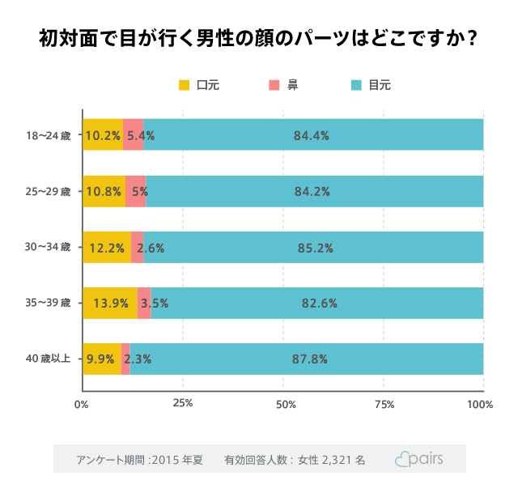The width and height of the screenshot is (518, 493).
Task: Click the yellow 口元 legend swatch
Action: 184,85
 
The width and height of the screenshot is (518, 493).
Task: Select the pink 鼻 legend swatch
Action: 274,85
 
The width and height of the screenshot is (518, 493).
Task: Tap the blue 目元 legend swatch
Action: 356,85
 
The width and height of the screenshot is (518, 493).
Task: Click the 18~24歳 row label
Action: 49,135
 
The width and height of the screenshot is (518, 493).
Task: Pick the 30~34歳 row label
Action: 49,247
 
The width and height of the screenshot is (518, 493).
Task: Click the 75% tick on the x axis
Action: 384,404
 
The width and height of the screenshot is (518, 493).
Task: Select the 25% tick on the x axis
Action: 183,404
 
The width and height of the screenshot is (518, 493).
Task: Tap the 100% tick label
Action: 480,404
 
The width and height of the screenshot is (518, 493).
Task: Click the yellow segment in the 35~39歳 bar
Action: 109,303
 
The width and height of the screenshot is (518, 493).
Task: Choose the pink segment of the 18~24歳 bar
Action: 133,135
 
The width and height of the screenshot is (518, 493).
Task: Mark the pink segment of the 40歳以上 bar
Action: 125,359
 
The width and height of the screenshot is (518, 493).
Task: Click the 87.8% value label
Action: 311,359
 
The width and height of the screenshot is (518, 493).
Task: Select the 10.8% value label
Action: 103,192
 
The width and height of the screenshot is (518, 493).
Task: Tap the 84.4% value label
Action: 311,136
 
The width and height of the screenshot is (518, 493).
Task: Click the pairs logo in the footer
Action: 418,459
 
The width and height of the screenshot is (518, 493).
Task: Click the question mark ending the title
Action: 470,39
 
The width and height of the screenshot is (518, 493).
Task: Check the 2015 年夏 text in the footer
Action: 178,460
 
